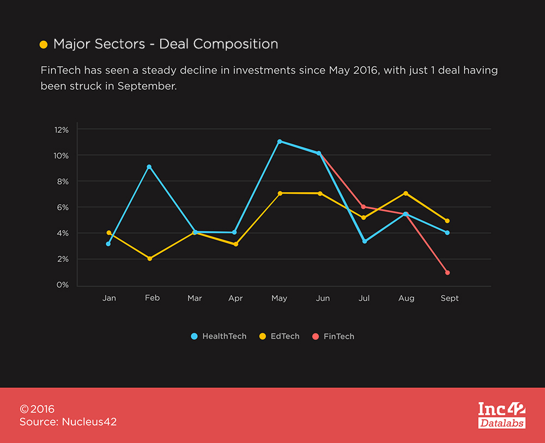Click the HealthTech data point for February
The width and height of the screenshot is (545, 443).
149,167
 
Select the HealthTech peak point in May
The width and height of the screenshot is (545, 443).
280,142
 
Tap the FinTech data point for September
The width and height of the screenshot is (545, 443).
447,272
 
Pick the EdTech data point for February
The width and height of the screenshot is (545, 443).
149,258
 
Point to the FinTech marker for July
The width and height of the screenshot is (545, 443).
364,207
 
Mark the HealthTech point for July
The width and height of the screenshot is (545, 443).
364,241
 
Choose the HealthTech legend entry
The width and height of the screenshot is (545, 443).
219,336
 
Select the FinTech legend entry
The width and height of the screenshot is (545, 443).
333,336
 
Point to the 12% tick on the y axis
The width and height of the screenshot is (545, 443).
62,130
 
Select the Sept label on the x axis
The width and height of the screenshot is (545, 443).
450,299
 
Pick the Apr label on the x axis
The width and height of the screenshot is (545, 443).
235,299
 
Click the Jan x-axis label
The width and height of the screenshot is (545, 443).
109,299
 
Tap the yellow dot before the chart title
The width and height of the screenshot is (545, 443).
44,45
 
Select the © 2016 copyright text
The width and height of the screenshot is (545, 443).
37,409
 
